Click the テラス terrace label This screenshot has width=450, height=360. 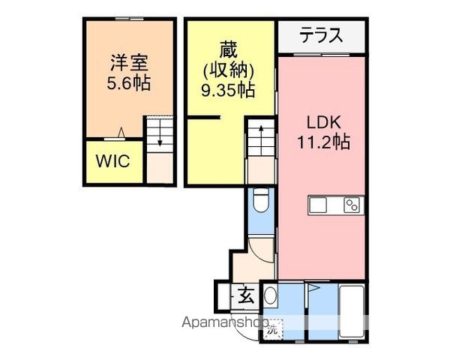[x=321, y=34]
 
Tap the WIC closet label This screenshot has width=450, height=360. [x=113, y=161]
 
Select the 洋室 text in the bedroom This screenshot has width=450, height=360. [x=129, y=63]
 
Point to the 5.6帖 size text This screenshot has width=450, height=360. [x=128, y=83]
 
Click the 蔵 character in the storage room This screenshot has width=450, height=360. [x=229, y=49]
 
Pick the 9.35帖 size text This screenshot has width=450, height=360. [x=228, y=90]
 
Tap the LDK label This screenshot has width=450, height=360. [x=324, y=122]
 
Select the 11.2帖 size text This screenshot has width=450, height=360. [x=323, y=142]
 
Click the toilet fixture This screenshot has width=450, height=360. [x=261, y=199]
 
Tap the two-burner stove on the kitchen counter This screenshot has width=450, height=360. [x=352, y=205]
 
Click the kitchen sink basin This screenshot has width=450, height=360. [x=318, y=205]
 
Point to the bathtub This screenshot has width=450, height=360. [x=352, y=311]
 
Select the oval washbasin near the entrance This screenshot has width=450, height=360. [x=270, y=295]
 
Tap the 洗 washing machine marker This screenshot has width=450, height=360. [x=272, y=330]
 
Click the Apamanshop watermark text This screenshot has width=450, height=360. [x=226, y=322]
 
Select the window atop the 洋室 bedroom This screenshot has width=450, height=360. [x=130, y=19]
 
